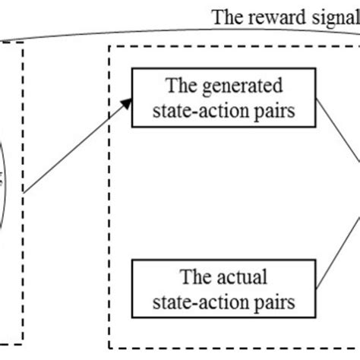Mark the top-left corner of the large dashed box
(x=111, y=46)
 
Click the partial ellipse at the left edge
(x=6, y=182)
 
